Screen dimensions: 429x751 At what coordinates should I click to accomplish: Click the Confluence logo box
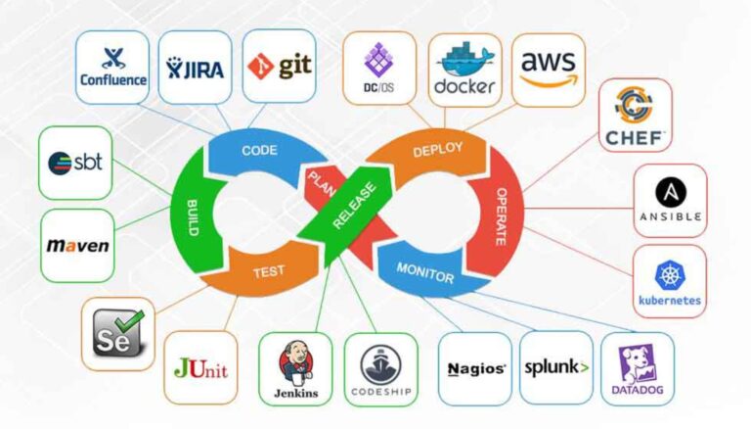[112, 67]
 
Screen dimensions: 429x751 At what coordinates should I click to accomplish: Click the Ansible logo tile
[670, 201]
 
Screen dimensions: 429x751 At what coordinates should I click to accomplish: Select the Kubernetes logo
[669, 282]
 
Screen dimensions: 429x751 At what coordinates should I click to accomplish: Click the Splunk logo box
[555, 368]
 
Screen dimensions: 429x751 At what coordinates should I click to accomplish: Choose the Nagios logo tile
[475, 368]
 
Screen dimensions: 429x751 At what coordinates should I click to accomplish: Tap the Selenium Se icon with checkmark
[117, 333]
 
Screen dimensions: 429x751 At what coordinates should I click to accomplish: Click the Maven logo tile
[77, 246]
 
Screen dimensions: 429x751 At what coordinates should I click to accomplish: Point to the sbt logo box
[77, 161]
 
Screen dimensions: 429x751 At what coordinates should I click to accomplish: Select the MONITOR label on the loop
[426, 271]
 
